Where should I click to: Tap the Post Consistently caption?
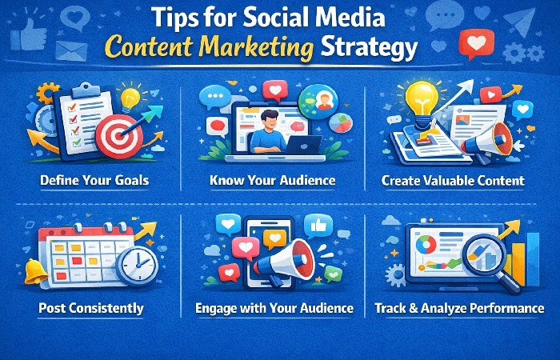(90, 308)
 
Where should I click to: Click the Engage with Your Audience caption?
(274, 308)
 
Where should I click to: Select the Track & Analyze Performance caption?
(459, 308)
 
